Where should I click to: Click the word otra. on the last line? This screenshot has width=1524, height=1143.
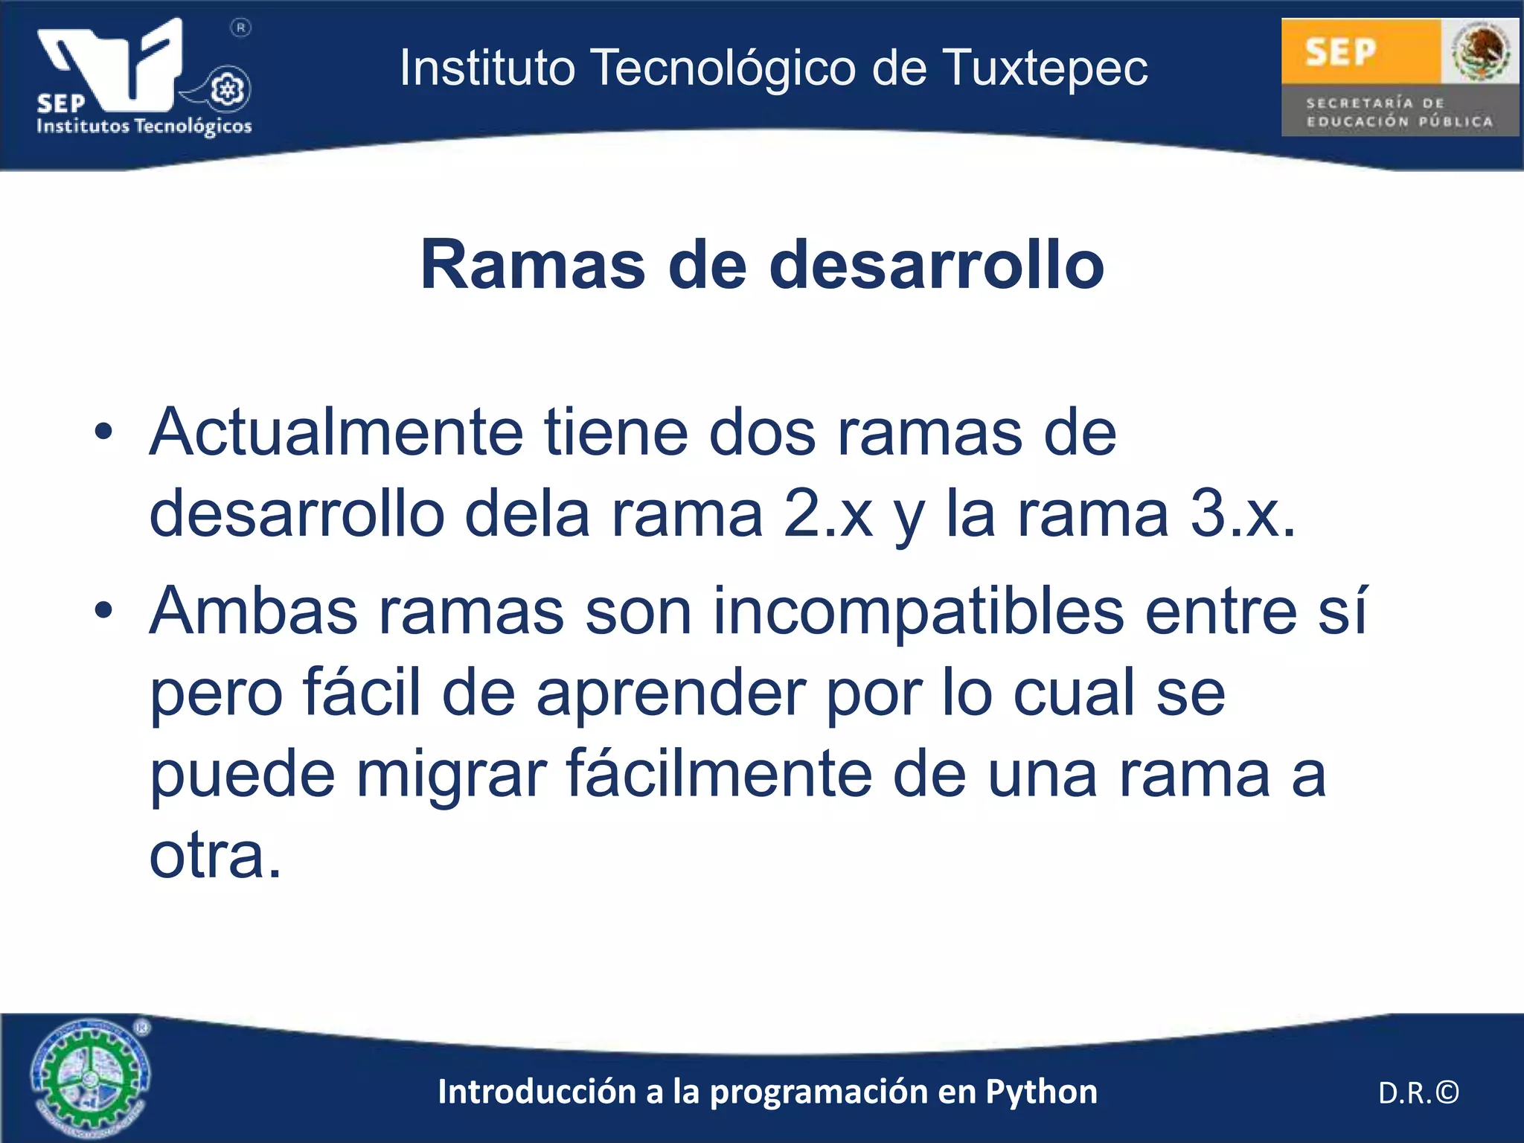pos(216,856)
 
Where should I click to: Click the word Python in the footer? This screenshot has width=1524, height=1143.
pos(1041,1092)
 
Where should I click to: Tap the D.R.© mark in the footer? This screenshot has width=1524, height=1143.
pos(1418,1092)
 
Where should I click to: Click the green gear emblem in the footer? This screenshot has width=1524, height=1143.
pos(90,1078)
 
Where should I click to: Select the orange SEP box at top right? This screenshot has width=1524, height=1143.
pos(1360,51)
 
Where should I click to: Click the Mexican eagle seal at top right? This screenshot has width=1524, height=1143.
pos(1480,51)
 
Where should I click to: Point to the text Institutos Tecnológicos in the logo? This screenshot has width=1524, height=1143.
pos(144,126)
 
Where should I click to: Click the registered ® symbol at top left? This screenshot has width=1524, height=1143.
pos(240,28)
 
